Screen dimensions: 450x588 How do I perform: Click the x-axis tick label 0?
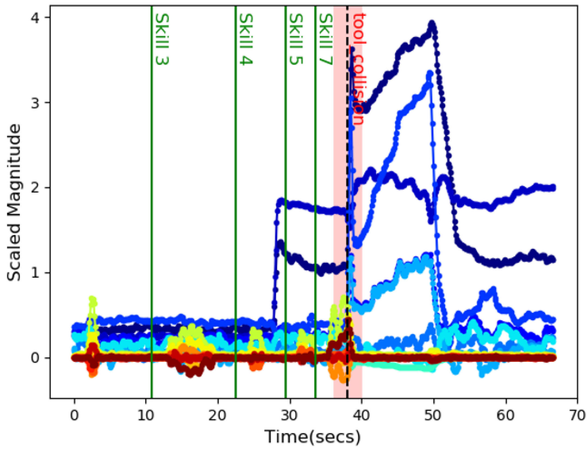tap(74, 415)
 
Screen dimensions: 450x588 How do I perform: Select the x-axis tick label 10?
tap(146, 415)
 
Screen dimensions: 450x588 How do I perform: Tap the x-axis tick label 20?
tap(218, 415)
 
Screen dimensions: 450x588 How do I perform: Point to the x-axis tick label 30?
tap(290, 415)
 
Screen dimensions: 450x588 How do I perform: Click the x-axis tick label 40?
tap(361, 415)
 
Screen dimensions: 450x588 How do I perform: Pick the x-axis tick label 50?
tap(433, 415)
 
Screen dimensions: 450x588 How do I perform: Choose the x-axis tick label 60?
tap(505, 415)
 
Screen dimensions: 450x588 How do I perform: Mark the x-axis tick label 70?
tap(577, 415)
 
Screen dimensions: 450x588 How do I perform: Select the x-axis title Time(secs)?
tap(313, 437)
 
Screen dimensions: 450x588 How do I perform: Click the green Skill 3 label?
tap(162, 39)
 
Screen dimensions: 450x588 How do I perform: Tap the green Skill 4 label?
tap(246, 39)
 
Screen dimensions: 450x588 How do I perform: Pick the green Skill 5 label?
tap(296, 39)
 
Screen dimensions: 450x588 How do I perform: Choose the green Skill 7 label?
tap(326, 39)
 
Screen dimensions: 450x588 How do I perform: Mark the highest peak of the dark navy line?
tap(432, 24)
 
